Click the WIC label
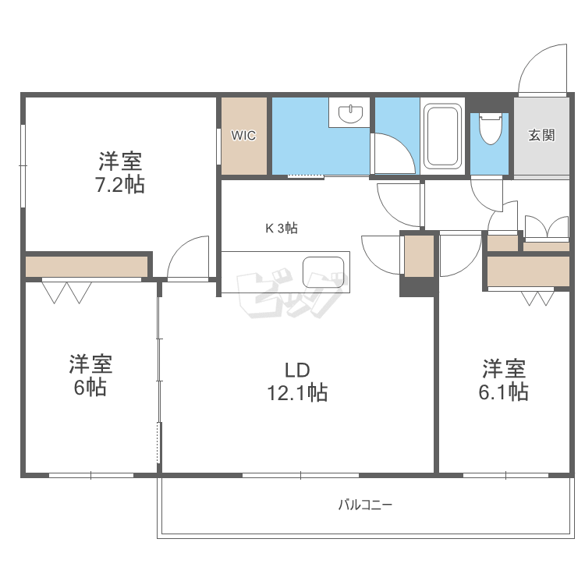click(243, 136)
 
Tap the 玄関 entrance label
click(541, 135)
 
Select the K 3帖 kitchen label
click(282, 228)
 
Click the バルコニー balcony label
click(365, 505)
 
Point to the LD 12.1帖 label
click(298, 381)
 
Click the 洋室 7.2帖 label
click(120, 172)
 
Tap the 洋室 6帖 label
click(90, 375)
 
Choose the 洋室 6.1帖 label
click(504, 380)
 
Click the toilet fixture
click(491, 129)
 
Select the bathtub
click(442, 136)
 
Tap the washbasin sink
click(350, 113)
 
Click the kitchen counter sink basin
click(324, 272)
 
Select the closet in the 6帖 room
click(87, 267)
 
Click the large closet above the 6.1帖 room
click(528, 271)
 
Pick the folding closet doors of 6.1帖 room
click(537, 299)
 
